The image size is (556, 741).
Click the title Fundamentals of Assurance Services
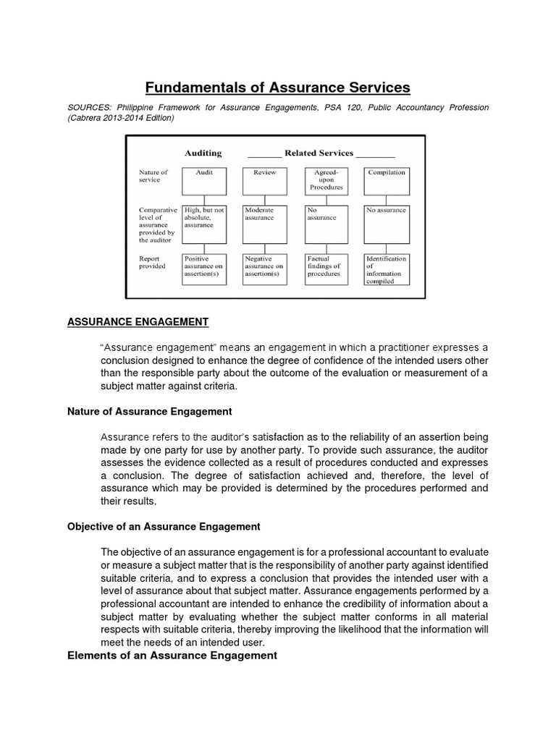[x=278, y=88]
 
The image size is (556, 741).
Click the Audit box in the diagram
[x=204, y=182]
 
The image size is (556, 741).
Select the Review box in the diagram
[x=265, y=182]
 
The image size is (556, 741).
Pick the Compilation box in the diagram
[x=387, y=182]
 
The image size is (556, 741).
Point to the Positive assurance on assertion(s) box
[x=204, y=268]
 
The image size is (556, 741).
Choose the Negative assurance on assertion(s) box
[x=265, y=268]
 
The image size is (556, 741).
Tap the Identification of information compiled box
[x=387, y=268]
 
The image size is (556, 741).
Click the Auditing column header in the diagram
[x=203, y=153]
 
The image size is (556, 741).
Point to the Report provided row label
[x=152, y=262]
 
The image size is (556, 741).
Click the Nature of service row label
[x=153, y=176]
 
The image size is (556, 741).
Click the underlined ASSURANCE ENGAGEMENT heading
[x=138, y=321]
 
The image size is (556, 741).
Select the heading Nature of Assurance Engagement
[x=149, y=411]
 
